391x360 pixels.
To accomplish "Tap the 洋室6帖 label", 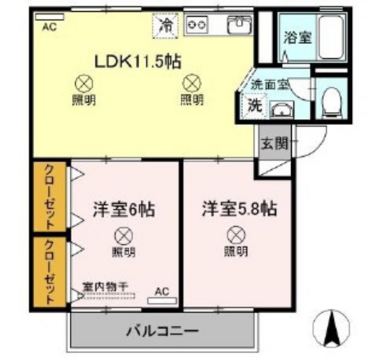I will click(x=124, y=208).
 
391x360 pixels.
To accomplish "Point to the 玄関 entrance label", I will click(x=274, y=145).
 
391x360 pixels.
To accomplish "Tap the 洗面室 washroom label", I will click(x=269, y=85).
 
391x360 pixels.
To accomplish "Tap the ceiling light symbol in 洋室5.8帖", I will click(x=235, y=236).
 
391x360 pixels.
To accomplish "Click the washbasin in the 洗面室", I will click(x=281, y=109).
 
